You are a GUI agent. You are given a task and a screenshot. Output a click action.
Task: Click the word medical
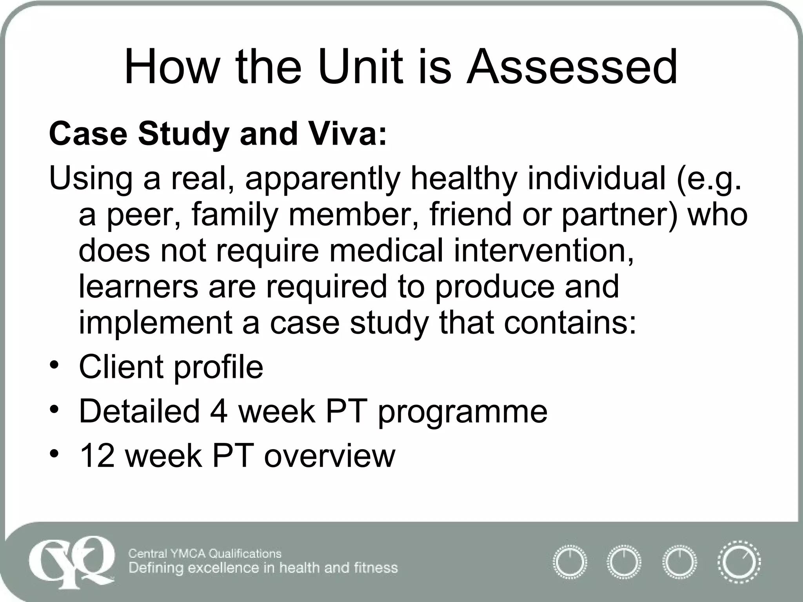tap(386, 251)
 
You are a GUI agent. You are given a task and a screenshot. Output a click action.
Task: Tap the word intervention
tap(543, 251)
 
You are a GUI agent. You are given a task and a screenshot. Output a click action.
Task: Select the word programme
tap(463, 412)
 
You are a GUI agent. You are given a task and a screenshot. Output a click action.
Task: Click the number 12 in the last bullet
tap(97, 456)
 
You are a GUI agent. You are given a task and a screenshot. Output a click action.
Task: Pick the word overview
tap(330, 456)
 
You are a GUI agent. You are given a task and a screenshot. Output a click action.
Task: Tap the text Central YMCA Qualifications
tap(205, 553)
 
